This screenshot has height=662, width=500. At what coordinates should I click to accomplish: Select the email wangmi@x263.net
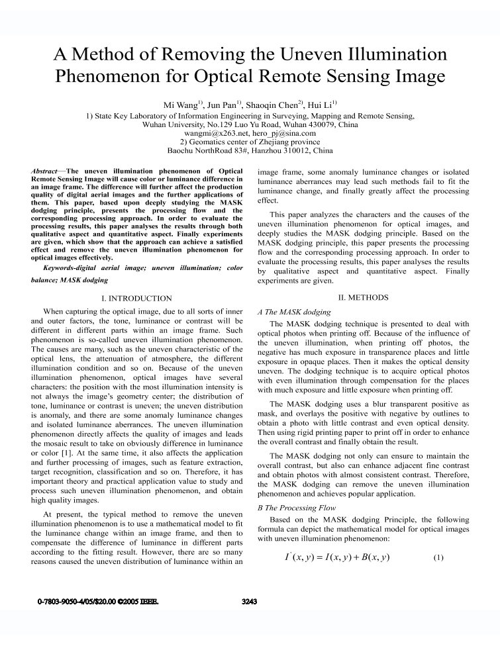tap(215, 133)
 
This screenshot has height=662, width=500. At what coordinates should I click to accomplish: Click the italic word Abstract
tap(46, 171)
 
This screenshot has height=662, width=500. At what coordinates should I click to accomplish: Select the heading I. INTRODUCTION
tap(136, 299)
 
